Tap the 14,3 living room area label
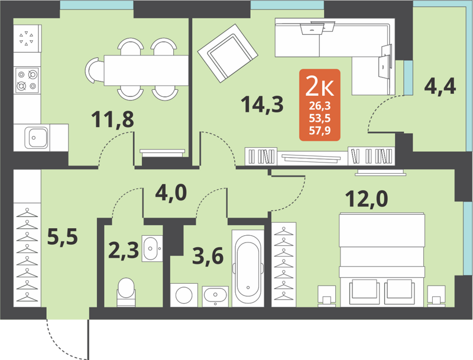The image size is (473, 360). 262,105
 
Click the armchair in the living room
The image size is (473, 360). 228,54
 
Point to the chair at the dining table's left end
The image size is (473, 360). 95,70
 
